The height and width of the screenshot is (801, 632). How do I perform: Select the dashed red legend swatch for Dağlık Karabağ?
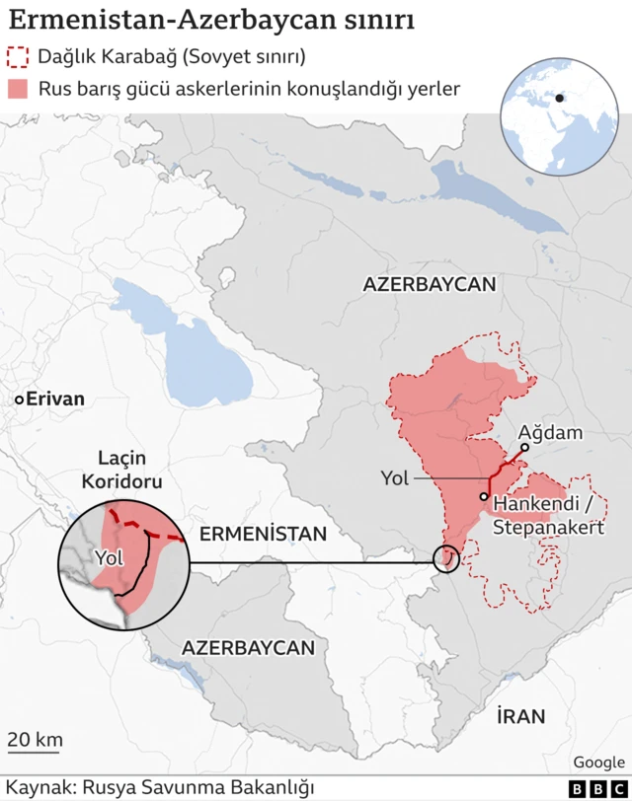(x=17, y=56)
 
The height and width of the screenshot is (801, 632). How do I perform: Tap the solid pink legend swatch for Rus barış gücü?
(x=17, y=89)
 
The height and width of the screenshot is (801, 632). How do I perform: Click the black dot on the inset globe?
(x=559, y=98)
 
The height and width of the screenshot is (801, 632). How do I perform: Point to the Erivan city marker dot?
(x=19, y=400)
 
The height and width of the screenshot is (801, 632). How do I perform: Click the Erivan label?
(x=55, y=400)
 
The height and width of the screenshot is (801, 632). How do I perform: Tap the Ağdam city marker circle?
(x=524, y=447)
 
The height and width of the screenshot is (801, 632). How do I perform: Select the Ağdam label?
(x=550, y=432)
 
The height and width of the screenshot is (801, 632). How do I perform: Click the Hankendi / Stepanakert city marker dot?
(x=484, y=496)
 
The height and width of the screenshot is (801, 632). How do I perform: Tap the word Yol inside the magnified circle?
(x=109, y=557)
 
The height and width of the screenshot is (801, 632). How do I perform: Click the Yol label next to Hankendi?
(x=395, y=478)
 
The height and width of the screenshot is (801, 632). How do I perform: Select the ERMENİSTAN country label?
(x=263, y=534)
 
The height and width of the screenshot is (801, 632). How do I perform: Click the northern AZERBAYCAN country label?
(x=429, y=284)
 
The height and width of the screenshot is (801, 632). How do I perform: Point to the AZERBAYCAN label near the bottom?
(x=248, y=648)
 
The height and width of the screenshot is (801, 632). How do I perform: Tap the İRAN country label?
(x=520, y=716)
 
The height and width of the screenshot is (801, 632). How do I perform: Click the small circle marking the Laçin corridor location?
(x=446, y=560)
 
